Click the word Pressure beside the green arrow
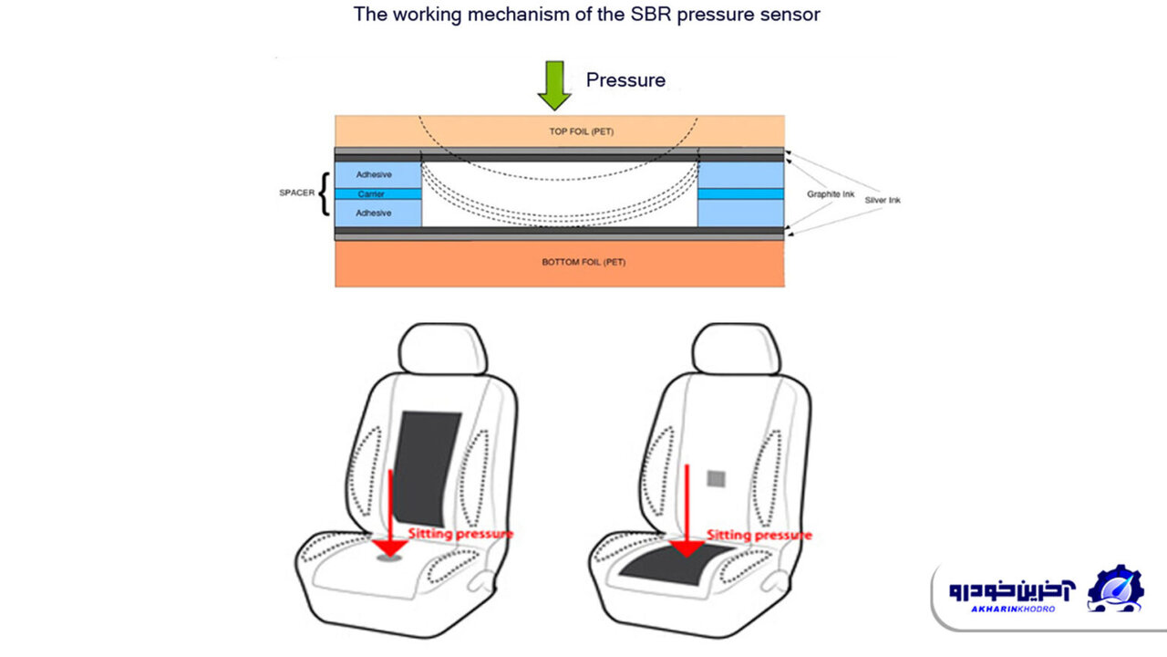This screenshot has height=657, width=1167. [625, 80]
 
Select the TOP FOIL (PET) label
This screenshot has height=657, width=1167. [581, 131]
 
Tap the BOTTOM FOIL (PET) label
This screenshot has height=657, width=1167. [583, 262]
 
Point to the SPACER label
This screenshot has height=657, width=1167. [297, 193]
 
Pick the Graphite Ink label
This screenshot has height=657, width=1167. [829, 194]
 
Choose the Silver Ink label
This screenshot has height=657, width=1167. [882, 200]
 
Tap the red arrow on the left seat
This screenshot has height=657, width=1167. [390, 511]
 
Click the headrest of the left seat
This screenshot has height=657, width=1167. [444, 349]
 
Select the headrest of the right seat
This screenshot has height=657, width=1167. [737, 349]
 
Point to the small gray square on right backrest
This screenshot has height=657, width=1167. [717, 478]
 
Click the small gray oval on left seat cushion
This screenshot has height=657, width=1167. [390, 558]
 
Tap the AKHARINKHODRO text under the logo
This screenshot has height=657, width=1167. [1012, 609]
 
